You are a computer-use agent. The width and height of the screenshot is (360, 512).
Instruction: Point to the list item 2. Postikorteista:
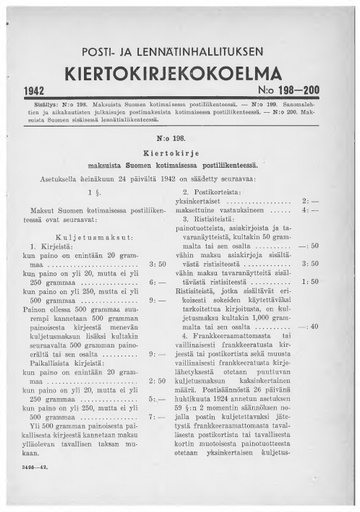pos(228,186)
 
